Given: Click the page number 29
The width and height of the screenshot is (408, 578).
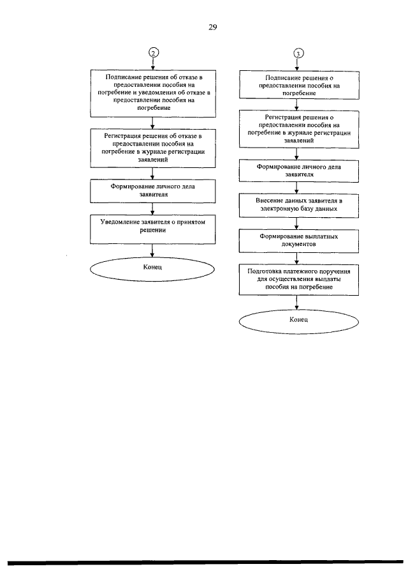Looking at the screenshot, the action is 213,27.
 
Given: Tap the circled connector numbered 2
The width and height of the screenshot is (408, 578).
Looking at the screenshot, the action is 154,52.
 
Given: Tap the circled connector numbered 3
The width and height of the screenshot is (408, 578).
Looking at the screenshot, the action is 298,54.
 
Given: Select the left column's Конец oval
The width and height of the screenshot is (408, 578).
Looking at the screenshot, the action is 152,269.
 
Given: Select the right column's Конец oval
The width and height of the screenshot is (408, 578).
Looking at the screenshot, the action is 299,322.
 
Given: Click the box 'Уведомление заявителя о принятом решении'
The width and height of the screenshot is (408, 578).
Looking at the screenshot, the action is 152,229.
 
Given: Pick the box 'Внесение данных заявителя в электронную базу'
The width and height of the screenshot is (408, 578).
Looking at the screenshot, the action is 299,205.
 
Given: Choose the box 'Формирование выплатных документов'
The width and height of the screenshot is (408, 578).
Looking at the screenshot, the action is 299,241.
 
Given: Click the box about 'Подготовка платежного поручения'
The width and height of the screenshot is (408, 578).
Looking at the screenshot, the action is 299,279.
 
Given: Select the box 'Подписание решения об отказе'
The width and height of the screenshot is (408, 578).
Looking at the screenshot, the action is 153,94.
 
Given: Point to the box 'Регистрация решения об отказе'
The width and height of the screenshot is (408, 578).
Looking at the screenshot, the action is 152,148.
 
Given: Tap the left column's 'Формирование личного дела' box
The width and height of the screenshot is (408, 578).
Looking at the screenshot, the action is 152,191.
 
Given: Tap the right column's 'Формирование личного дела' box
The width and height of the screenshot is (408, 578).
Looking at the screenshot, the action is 299,171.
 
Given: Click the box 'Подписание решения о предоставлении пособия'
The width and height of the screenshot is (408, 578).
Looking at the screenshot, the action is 299,85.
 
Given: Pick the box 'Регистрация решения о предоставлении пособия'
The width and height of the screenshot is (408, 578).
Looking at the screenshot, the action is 299,129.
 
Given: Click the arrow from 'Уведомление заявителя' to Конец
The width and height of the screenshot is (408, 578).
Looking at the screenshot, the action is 152,250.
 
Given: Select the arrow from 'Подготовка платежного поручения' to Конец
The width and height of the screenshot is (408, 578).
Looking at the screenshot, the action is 296,303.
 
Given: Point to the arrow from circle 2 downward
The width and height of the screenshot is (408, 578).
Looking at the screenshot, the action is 153,63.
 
